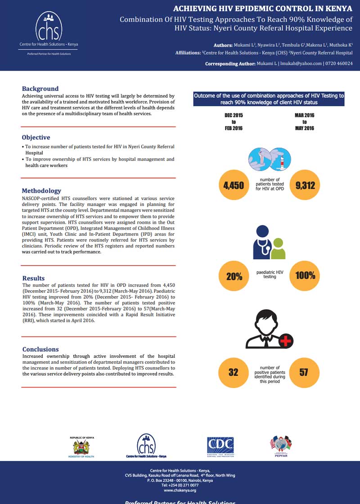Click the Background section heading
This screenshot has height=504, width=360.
tap(40, 89)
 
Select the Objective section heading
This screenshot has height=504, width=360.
tap(36, 137)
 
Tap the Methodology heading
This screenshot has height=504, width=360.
tap(41, 191)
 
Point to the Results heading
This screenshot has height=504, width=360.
tap(34, 278)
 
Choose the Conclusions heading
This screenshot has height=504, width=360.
tap(40, 349)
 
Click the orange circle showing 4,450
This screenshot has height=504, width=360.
tap(234, 185)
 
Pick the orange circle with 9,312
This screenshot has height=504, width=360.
tap(305, 185)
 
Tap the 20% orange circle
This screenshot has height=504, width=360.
tap(234, 276)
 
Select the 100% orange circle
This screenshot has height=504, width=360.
tap(305, 276)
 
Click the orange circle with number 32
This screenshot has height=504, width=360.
tap(234, 372)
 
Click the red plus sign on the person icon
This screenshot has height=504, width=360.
tap(285, 342)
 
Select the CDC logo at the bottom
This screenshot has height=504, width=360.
tap(220, 445)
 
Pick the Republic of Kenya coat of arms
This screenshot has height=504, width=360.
tap(81, 447)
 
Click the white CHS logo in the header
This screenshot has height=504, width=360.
tap(49, 27)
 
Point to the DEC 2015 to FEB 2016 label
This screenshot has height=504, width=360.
tap(234, 122)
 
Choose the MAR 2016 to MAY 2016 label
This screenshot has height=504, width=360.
tap(305, 122)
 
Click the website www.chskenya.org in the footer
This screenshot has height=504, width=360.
tap(180, 490)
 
